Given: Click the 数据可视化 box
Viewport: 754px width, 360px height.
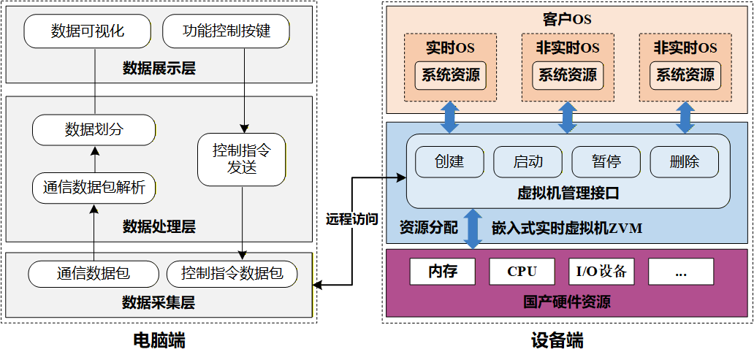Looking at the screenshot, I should point(88,31).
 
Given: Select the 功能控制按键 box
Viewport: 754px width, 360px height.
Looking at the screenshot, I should point(226,31).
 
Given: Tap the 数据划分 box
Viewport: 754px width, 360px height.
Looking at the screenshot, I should point(94,130).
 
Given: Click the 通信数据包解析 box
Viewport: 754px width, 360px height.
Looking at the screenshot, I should point(94,188).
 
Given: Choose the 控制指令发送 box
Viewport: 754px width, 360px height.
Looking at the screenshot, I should point(242,159).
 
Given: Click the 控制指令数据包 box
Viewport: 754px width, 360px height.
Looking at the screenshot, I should point(232,274).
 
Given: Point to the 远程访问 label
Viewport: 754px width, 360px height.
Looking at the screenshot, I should point(351,218).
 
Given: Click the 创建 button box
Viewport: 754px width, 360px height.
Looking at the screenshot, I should point(449,161).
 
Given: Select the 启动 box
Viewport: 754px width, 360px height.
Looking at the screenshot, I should point(528,161).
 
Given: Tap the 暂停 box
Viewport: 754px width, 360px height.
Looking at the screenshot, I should point(606,161).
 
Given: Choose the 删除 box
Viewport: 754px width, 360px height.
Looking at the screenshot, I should point(684,161).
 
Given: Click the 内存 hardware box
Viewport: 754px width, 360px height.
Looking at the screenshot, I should point(443,272).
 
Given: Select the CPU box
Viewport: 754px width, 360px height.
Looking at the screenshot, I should point(522,272).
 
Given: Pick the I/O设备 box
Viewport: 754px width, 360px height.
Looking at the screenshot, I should point(601,272).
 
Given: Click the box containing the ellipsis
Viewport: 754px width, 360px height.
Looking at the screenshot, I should point(681,272).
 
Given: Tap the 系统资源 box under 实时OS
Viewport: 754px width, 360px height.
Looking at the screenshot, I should point(450,75).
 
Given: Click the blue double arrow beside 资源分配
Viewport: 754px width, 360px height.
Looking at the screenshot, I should point(473,229).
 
